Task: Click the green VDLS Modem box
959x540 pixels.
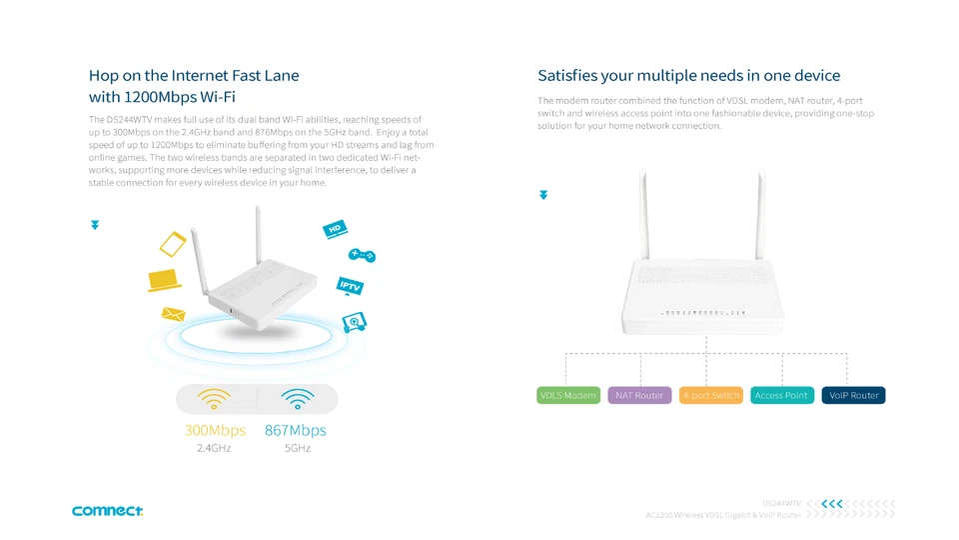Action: (x=568, y=395)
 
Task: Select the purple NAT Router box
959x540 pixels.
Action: (x=639, y=395)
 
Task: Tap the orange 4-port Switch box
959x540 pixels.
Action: (x=711, y=395)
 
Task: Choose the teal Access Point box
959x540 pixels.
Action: (x=781, y=395)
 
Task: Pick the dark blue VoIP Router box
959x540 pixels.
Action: (x=853, y=395)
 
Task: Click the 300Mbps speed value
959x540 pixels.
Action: (x=215, y=430)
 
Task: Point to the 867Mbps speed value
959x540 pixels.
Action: (x=296, y=430)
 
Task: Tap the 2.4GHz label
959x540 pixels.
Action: (x=214, y=449)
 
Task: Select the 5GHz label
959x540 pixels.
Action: (x=297, y=449)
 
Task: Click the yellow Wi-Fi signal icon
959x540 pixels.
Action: (x=215, y=399)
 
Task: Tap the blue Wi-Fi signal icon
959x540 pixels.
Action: (x=298, y=399)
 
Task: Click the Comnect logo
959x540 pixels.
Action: (x=107, y=511)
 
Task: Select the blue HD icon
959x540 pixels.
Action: (x=335, y=230)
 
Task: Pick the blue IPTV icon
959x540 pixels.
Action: (x=350, y=286)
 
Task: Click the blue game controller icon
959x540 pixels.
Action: (x=362, y=256)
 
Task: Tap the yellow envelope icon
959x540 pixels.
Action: (x=174, y=314)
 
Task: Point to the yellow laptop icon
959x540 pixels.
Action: (x=164, y=280)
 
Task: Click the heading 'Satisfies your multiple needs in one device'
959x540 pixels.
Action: (x=688, y=76)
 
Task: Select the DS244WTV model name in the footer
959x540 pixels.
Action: (x=781, y=503)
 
